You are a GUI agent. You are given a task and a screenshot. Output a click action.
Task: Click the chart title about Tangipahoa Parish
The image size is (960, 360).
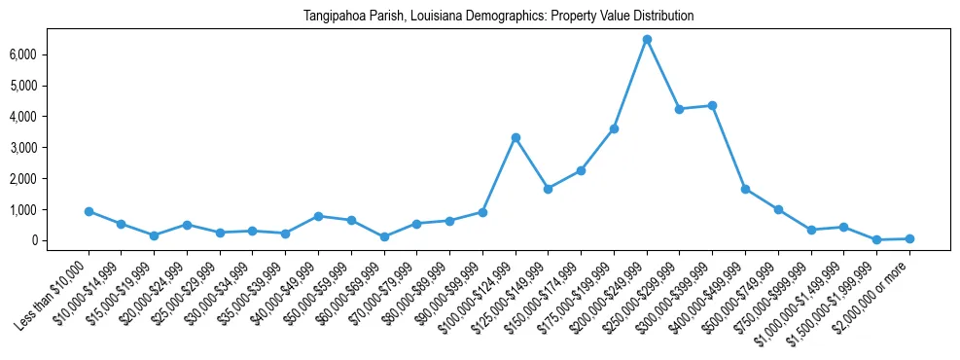tap(498, 17)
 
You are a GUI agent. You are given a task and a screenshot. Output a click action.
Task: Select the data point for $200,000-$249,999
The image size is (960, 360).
tap(647, 39)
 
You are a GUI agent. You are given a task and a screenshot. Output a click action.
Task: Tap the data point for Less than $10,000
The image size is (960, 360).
tap(89, 211)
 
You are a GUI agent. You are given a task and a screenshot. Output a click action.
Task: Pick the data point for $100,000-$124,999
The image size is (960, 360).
tap(516, 137)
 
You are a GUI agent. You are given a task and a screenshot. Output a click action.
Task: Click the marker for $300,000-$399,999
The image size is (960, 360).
tap(712, 105)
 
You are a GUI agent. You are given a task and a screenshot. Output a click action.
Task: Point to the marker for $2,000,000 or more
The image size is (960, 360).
tap(909, 238)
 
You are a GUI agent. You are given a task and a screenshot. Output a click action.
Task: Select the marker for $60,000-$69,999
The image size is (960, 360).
tap(384, 236)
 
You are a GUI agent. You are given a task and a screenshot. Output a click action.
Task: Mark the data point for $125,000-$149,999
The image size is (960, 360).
tap(549, 189)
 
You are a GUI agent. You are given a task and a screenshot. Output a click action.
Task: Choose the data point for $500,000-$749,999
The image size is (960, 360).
tap(778, 209)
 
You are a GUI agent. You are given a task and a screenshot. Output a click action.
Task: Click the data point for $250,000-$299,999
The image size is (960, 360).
tap(680, 109)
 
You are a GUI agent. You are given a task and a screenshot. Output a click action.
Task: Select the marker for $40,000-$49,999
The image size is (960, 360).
tap(318, 216)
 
